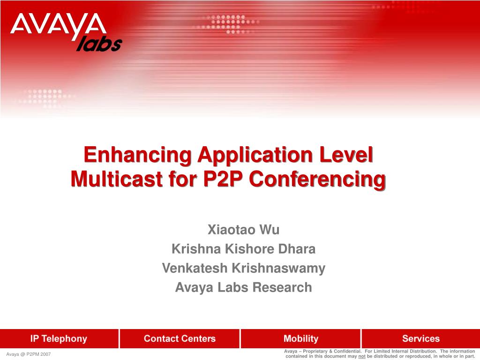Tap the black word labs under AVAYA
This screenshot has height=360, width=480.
click(99, 44)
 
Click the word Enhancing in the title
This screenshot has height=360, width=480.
click(138, 155)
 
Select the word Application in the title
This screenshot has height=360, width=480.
click(255, 155)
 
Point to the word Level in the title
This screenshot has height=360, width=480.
click(346, 155)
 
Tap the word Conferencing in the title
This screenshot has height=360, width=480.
click(317, 180)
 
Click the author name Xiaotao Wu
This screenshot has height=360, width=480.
click(244, 230)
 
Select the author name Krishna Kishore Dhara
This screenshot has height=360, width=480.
click(244, 249)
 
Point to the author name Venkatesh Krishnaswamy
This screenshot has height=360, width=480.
click(244, 269)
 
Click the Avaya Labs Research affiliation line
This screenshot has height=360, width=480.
click(244, 287)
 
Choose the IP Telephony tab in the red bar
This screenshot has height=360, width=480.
click(59, 338)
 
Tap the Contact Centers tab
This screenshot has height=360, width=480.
click(180, 338)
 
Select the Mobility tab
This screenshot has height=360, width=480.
click(301, 338)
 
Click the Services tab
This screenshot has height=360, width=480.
click(421, 338)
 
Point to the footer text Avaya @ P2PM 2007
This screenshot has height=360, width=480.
click(29, 354)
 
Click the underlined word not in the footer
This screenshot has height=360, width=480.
click(362, 356)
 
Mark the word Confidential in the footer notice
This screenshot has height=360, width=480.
click(347, 352)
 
